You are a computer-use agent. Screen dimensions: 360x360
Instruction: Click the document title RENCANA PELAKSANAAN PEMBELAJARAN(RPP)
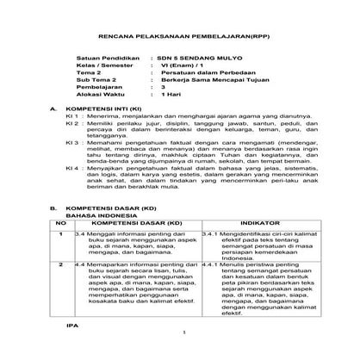tap(179, 39)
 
